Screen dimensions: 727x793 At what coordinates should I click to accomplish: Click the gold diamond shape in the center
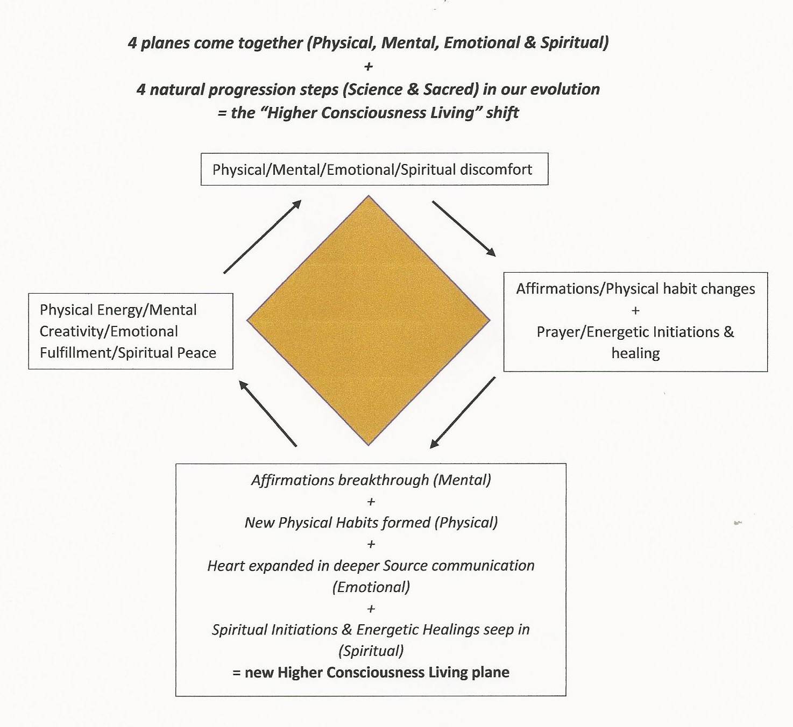point(369,320)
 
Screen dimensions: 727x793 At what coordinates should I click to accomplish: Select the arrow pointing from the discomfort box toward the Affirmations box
point(463,228)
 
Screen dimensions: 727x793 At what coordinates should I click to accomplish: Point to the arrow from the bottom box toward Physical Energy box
point(267,414)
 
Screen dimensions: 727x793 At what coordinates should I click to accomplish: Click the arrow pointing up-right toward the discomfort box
point(262,237)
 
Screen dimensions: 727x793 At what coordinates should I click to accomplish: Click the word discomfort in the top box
point(495,169)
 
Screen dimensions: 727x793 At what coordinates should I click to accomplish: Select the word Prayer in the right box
point(560,332)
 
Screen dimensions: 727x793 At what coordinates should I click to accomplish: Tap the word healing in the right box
point(635,353)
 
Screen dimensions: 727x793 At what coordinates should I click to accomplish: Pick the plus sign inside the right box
point(635,311)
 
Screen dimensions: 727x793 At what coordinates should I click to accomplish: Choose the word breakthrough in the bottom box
point(384,480)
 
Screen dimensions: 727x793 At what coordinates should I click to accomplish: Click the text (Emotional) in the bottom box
point(371,587)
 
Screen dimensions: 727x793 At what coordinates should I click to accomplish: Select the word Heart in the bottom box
point(225,566)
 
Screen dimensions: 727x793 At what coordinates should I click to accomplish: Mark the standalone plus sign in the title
point(369,66)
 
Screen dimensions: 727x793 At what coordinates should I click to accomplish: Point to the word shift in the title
point(502,112)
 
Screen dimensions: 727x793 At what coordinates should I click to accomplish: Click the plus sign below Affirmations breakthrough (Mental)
point(371,502)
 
